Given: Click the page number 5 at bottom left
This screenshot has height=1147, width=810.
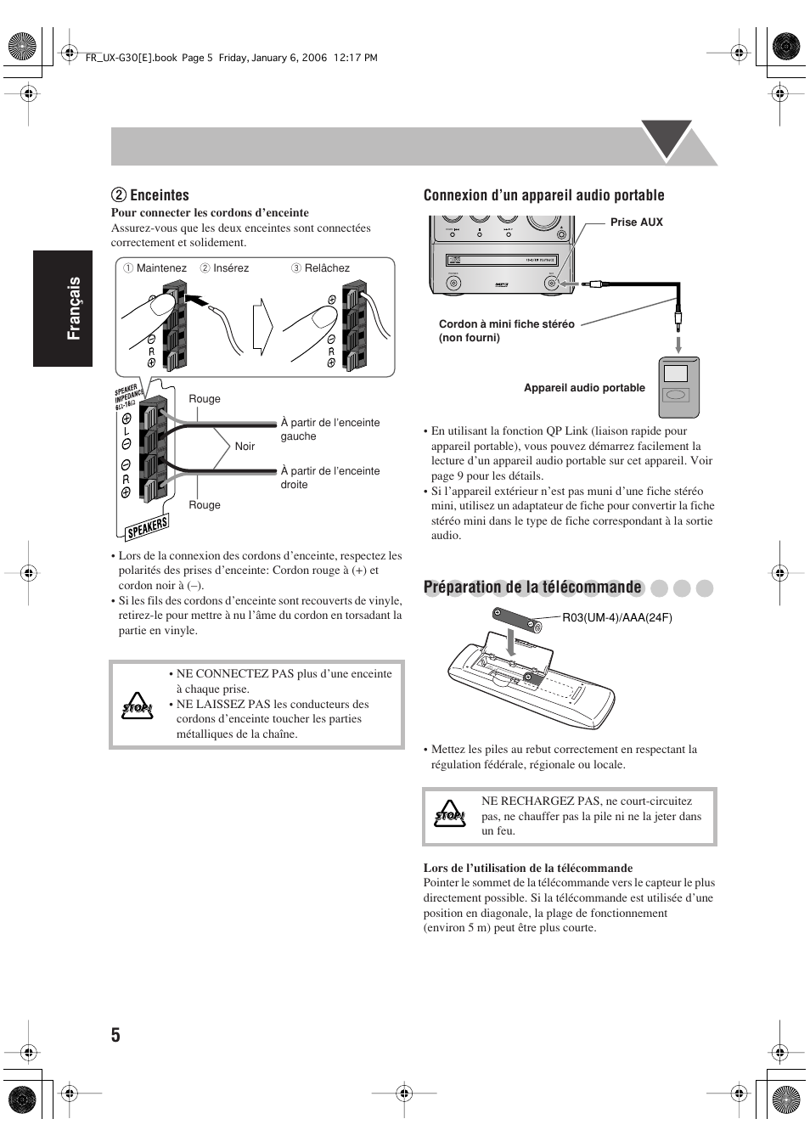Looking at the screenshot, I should point(115,1034).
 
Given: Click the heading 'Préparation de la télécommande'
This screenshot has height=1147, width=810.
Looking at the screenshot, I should point(532,588).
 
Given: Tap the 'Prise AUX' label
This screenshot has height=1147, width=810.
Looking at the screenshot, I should point(636,222).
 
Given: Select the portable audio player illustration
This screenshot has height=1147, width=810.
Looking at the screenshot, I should point(679,387).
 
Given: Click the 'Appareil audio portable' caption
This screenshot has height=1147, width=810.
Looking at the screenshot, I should point(584,388).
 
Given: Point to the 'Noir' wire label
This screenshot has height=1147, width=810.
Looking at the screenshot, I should point(245,447).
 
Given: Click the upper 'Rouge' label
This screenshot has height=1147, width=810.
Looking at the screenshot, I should point(205,399).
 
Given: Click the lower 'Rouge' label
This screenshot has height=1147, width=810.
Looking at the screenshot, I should point(205,505).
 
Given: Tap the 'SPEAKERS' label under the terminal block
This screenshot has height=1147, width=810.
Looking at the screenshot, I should point(148,527).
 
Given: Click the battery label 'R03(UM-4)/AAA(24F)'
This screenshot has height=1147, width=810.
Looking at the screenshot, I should point(617,617).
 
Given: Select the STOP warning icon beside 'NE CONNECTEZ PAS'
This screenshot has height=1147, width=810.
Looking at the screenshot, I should point(136,706).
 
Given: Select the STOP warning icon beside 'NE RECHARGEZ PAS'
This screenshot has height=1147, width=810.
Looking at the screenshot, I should point(450,816).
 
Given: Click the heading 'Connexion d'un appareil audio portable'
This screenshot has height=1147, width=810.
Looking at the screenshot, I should point(543,195).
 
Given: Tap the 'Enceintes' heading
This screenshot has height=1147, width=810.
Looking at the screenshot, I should point(159,195).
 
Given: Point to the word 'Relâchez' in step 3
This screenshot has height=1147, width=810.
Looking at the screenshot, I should point(327,268).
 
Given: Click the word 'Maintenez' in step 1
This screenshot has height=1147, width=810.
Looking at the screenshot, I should point(161,268).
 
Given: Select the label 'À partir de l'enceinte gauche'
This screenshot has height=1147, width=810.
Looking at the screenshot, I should point(330,430).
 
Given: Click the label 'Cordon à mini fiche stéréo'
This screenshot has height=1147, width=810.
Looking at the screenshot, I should point(506,324).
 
